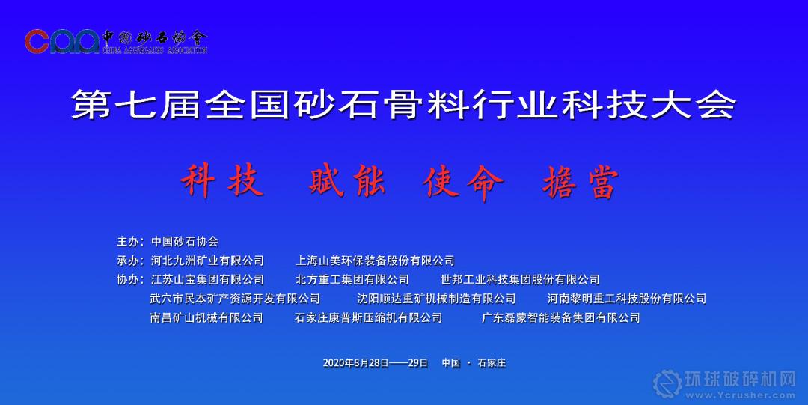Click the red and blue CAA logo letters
[x=61, y=41]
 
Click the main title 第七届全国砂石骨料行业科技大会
[x=403, y=104]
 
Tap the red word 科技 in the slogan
[x=222, y=182]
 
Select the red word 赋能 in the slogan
[x=347, y=182]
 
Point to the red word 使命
[x=463, y=183]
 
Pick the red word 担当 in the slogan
[x=581, y=183]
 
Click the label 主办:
[x=130, y=242]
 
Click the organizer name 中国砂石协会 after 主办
[x=185, y=242]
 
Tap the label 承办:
[x=130, y=261]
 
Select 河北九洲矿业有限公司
[x=207, y=261]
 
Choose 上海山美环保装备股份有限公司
[x=375, y=261]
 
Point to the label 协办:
[x=130, y=280]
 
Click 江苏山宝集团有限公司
[x=207, y=280]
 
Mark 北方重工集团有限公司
[x=352, y=280]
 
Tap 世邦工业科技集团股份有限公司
[x=520, y=280]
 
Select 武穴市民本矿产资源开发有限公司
[x=235, y=299]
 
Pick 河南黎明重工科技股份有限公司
[x=627, y=299]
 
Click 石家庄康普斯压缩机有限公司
[x=368, y=318]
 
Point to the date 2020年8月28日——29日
[x=376, y=362]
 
